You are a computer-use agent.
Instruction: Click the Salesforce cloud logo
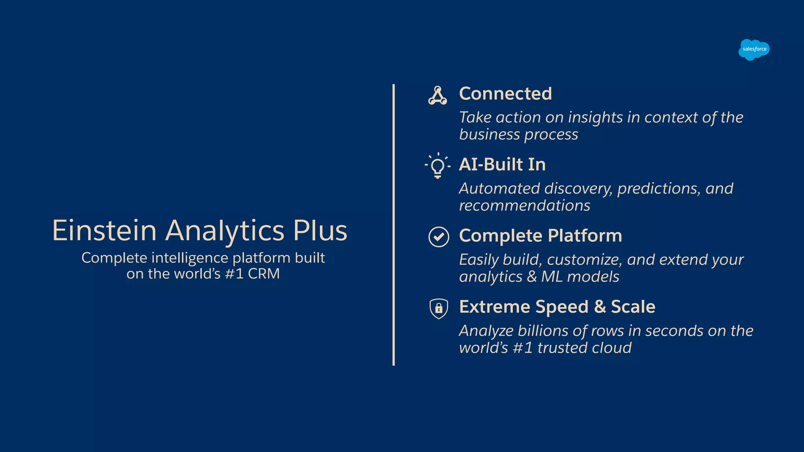(754, 49)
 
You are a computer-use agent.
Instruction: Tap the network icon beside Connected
(437, 96)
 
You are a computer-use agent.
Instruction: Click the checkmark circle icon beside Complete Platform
(439, 237)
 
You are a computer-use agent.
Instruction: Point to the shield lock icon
(439, 308)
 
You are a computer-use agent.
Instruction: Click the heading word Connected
(505, 94)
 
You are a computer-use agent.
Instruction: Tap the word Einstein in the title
(104, 230)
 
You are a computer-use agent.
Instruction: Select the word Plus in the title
(320, 230)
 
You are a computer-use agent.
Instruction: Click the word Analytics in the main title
(225, 231)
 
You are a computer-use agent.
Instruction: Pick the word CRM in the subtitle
(263, 274)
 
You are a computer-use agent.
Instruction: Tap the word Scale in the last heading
(633, 307)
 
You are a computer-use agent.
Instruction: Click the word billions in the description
(543, 331)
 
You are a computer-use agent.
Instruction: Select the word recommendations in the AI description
(524, 206)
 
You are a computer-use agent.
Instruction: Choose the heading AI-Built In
(502, 164)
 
